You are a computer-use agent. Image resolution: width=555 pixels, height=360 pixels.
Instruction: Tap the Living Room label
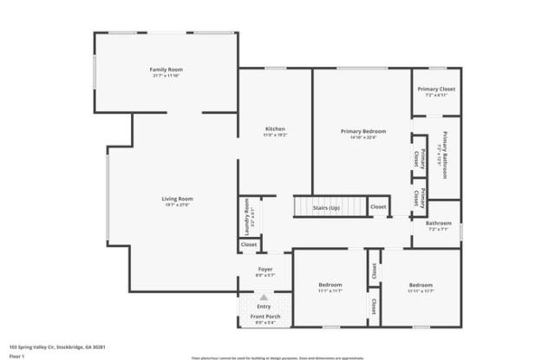pos(175,200)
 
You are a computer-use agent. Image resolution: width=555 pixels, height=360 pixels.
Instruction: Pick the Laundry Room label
pos(247,217)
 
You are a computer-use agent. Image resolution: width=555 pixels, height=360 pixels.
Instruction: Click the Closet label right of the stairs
pos(378,207)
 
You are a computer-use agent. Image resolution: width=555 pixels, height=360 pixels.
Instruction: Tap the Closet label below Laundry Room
pos(249,245)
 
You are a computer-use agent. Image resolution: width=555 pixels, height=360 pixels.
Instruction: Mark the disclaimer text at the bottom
pos(277,357)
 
